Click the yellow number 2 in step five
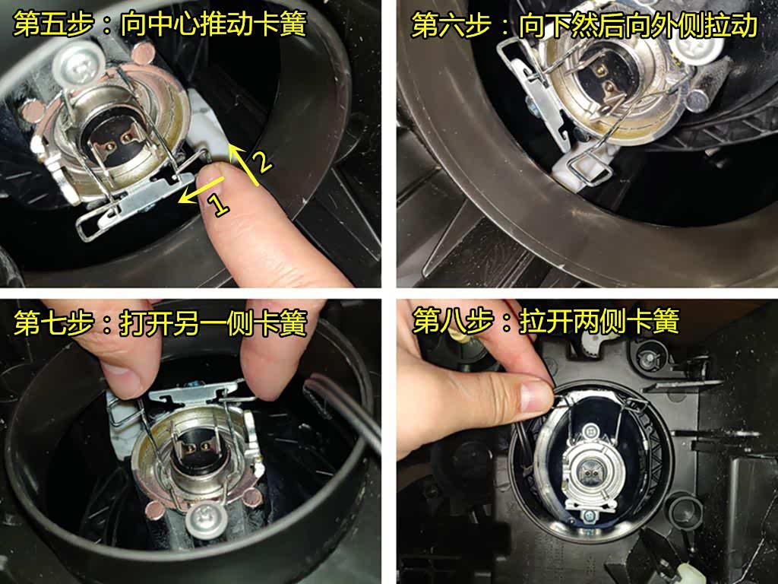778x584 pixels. tap(262, 161)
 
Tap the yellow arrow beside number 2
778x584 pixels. tap(242, 163)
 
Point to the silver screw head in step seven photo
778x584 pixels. tap(207, 522)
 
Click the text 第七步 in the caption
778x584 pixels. tap(54, 322)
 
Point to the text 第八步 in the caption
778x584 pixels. tap(452, 322)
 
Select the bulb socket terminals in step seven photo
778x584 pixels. tap(198, 446)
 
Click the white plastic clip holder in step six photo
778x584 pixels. tap(580, 167)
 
